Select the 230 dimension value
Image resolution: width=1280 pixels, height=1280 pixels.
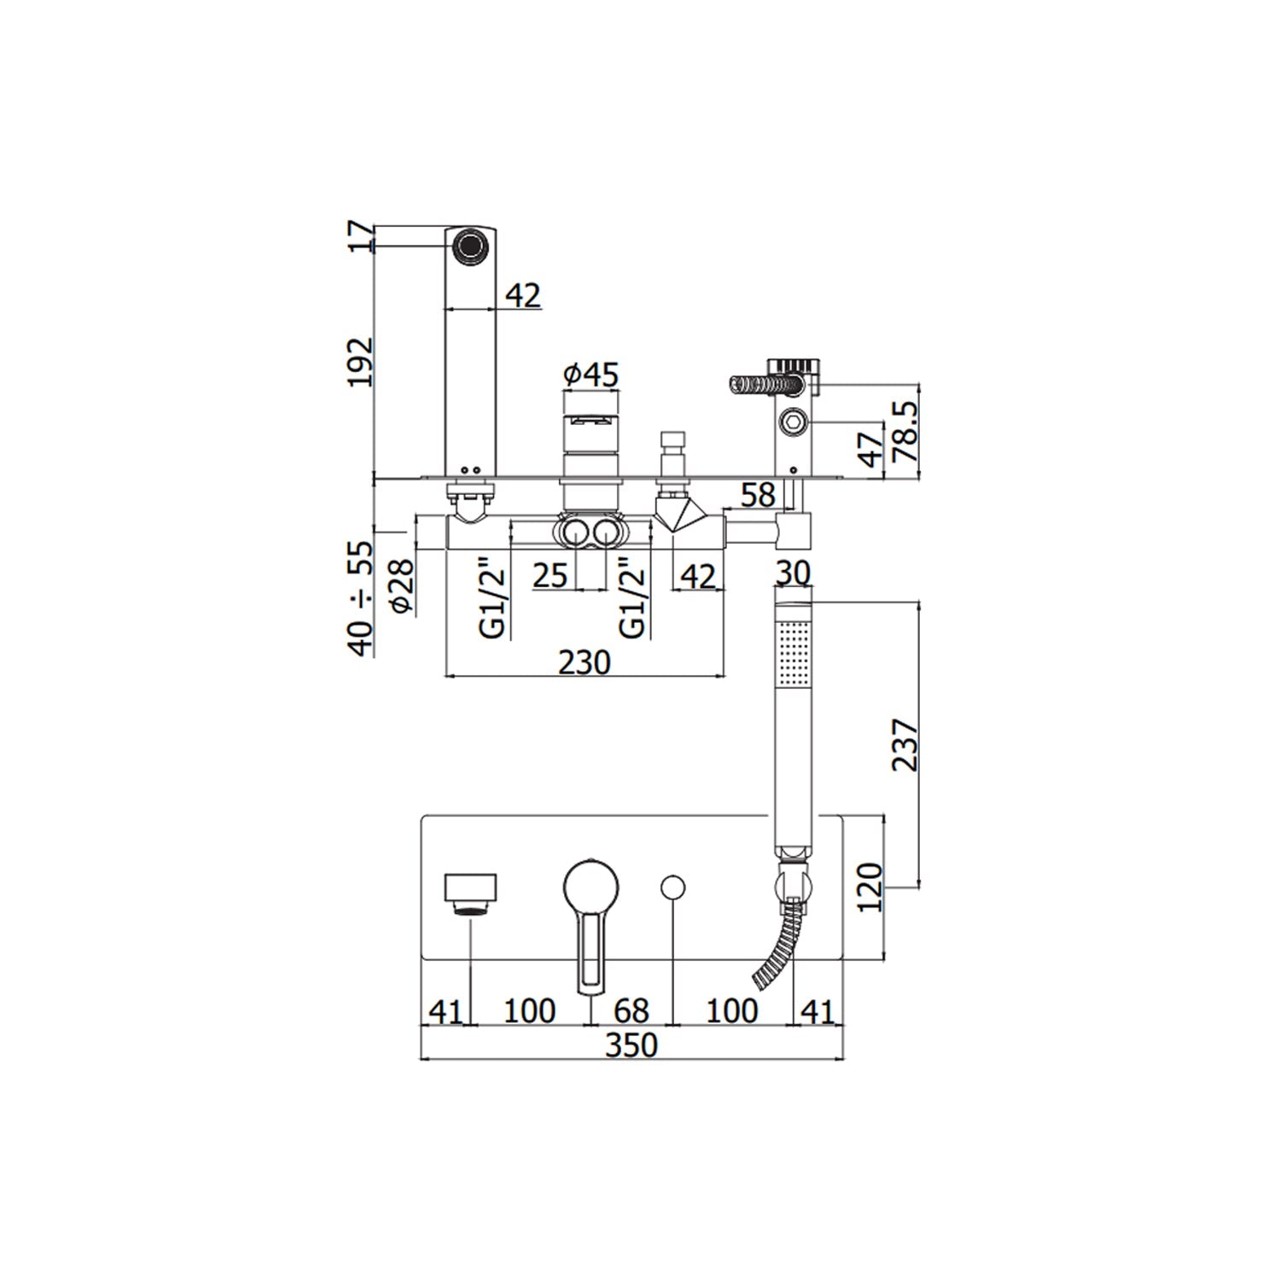(585, 662)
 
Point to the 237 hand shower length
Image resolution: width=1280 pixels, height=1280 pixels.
(905, 745)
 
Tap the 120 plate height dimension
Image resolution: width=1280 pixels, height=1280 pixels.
(870, 887)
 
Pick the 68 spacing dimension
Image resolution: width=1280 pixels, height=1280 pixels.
(631, 1011)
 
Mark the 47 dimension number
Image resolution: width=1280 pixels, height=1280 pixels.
(870, 448)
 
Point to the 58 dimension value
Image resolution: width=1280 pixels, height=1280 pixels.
(758, 495)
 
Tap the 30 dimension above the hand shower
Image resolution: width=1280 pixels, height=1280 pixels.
(793, 572)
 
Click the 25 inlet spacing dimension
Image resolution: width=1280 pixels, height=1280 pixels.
(550, 576)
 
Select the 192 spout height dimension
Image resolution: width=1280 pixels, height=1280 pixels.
(360, 362)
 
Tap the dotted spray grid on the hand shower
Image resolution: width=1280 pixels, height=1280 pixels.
(795, 653)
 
